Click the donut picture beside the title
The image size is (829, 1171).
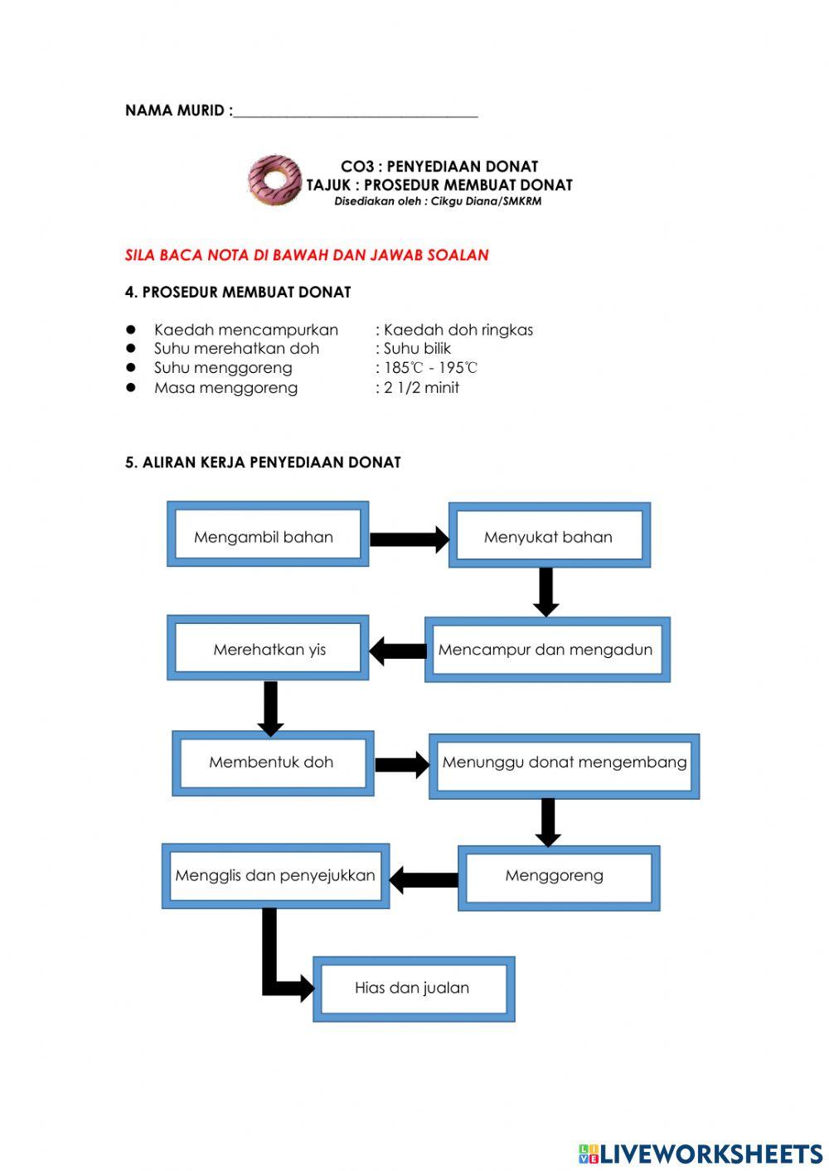click(274, 180)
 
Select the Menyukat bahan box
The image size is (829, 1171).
click(549, 536)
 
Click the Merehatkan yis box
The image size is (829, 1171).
click(268, 649)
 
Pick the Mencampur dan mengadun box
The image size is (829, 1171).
click(547, 651)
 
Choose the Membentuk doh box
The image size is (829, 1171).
click(273, 762)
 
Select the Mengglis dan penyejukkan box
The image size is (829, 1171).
click(275, 876)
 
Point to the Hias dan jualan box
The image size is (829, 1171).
click(414, 988)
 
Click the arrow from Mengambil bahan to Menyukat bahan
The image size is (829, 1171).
click(408, 540)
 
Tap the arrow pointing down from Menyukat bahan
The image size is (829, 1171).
click(545, 591)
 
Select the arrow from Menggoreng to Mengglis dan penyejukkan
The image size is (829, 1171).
click(424, 879)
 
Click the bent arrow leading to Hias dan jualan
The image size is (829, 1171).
click(274, 970)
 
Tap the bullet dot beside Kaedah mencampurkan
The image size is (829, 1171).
click(131, 329)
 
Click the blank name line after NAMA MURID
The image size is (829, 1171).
click(356, 111)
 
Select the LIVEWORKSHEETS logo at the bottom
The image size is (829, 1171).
click(701, 1153)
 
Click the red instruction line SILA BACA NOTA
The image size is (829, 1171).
click(307, 255)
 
